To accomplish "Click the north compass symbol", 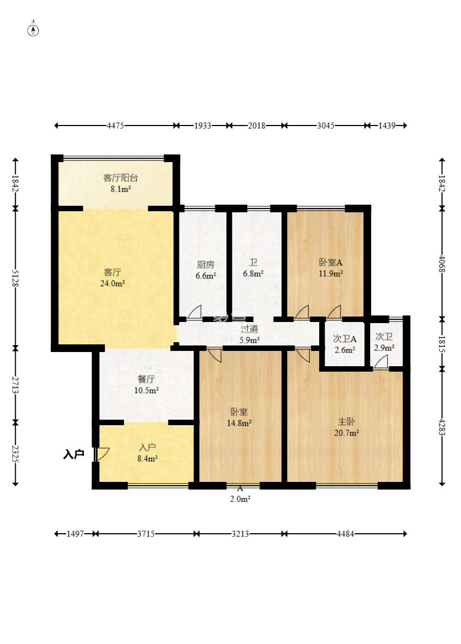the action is point(33,29).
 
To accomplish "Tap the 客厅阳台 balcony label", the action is point(120,178).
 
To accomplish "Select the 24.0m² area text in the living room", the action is point(112,283).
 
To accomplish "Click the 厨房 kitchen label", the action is point(205,265).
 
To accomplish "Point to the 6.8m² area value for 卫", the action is point(253,273).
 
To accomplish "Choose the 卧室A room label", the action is point(331,262).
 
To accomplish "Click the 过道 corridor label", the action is point(249,329).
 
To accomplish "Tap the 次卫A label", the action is point(344,339).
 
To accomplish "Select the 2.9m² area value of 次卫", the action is point(384,348).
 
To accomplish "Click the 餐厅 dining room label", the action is point(146,379).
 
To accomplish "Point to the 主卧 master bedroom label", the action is point(346,421).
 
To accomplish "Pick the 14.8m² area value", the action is point(240,422).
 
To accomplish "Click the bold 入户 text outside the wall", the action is point(74,454).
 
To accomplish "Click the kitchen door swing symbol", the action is point(195,313).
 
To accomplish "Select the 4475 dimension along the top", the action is point(115,126).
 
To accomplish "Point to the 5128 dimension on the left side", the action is point(16,278).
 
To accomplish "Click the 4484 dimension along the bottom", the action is point(345,534).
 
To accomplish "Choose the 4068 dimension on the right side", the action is point(442,264).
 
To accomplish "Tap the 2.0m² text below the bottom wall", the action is point(240,499).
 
